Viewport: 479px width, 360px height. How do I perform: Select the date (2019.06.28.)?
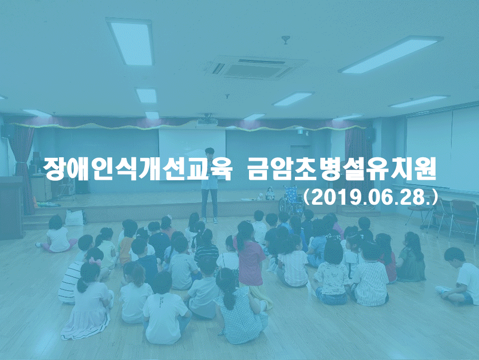[370, 198]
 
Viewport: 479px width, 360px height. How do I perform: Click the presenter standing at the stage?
[210, 185]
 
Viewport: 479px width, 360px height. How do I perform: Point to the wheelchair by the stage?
[292, 200]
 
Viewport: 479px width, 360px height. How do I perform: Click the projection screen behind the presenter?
[192, 144]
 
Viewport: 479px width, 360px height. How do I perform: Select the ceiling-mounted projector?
[208, 121]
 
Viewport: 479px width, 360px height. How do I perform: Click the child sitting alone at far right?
[458, 277]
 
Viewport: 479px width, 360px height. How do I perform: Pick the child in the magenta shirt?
[250, 257]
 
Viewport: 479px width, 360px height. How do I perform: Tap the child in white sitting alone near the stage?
[57, 234]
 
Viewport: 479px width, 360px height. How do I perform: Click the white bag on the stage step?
[74, 217]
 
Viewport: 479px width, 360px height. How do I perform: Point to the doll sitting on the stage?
[270, 194]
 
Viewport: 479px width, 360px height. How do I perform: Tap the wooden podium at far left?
[11, 208]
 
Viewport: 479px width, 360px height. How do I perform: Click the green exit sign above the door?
[300, 132]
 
